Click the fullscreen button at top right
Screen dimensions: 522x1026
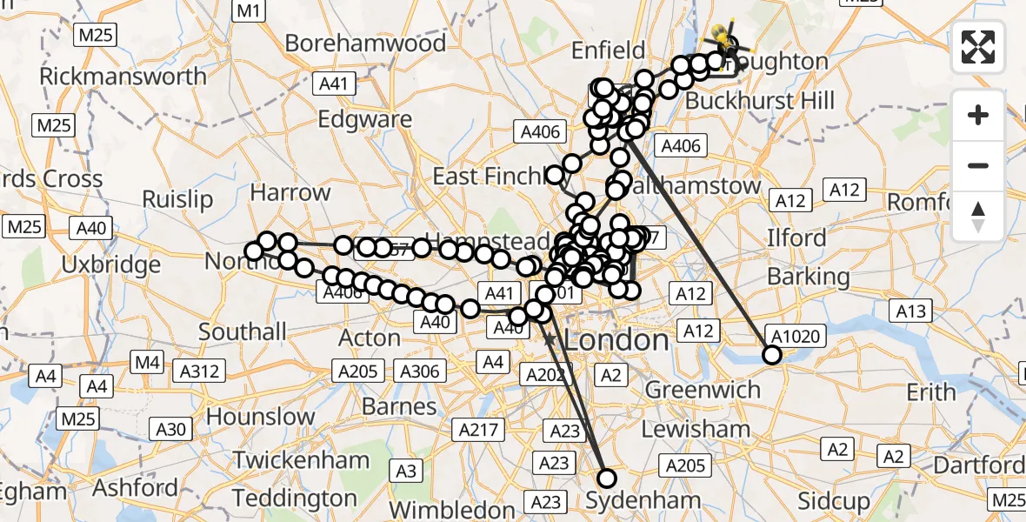tap(978, 46)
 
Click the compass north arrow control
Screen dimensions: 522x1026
tap(978, 217)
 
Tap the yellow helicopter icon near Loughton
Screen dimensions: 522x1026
tap(721, 37)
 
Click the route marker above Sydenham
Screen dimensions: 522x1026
tap(606, 478)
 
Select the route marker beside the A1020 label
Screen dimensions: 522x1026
tap(771, 354)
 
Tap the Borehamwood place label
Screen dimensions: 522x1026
tap(365, 43)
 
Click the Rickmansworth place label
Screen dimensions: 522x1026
tap(123, 76)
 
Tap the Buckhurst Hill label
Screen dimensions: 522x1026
tap(760, 101)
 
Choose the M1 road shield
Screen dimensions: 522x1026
tap(249, 10)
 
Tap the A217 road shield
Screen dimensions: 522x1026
tap(479, 429)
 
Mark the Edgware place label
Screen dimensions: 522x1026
tap(377, 119)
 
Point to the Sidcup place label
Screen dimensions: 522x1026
tap(833, 501)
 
